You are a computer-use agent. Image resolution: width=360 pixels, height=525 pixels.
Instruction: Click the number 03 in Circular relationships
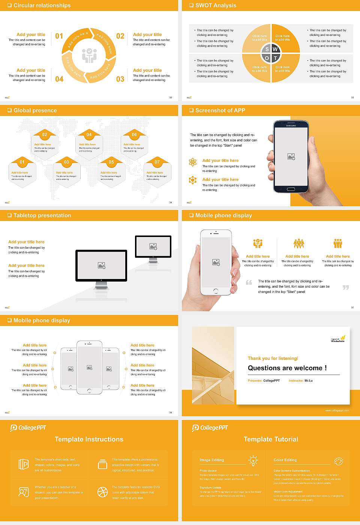tap(120, 79)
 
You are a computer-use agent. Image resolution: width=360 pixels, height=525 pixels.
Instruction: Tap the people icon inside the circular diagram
tap(89, 55)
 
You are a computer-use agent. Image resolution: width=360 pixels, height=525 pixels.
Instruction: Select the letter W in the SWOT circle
tap(275, 49)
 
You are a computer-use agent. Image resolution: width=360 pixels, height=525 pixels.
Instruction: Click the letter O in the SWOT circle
tap(267, 58)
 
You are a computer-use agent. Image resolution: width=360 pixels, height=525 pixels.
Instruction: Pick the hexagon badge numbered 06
tap(134, 135)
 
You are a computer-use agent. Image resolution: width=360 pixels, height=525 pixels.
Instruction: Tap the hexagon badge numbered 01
tap(22, 162)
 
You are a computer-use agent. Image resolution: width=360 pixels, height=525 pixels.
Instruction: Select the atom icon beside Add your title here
tap(193, 162)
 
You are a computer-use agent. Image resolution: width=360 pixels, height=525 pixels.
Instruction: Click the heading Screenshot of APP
tap(220, 110)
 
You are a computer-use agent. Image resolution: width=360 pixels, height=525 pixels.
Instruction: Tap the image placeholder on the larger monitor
tap(101, 265)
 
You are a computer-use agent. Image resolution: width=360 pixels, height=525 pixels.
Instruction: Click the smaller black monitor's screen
tap(153, 246)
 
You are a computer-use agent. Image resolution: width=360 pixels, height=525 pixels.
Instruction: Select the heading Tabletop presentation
tap(42, 215)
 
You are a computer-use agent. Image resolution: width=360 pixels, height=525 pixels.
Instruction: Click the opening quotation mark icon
tap(249, 282)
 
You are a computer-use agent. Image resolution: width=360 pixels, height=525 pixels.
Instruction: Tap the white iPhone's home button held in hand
tap(216, 291)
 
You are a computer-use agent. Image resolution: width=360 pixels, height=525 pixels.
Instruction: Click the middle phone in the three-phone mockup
tap(89, 367)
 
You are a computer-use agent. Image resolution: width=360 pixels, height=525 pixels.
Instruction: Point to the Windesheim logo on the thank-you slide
tap(338, 339)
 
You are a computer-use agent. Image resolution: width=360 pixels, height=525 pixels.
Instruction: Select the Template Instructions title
tap(89, 439)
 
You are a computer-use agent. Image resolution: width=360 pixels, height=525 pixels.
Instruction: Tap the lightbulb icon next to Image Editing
tap(253, 460)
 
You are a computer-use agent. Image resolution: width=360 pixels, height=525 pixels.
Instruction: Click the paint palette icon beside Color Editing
tap(338, 461)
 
